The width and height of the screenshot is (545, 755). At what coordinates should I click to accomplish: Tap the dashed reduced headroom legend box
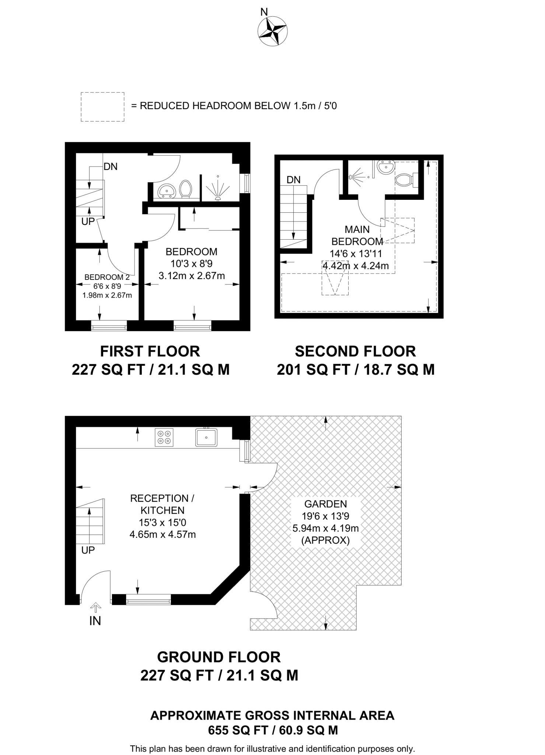point(102,107)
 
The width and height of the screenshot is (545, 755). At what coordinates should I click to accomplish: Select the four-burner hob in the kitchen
point(164,437)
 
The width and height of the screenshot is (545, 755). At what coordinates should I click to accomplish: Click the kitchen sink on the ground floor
point(206,437)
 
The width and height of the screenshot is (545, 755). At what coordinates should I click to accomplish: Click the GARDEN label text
point(325,504)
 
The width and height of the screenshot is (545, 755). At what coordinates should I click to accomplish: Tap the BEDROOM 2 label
point(107,277)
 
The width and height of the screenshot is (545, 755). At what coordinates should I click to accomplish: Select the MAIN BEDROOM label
point(357,236)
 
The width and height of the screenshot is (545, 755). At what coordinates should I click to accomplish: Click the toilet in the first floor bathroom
point(185,189)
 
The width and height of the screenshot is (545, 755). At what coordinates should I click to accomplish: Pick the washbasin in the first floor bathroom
point(167,191)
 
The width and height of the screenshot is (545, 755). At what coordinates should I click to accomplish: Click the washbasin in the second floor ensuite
point(386,168)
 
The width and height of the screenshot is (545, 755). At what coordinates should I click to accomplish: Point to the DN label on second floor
point(294,180)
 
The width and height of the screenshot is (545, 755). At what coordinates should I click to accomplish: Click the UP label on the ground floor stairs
point(88,550)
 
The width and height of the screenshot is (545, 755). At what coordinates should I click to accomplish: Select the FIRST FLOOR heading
point(150,351)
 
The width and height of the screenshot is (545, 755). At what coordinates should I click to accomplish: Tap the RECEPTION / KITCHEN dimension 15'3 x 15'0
point(163,522)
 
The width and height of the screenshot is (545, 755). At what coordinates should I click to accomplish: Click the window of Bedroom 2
point(109,326)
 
